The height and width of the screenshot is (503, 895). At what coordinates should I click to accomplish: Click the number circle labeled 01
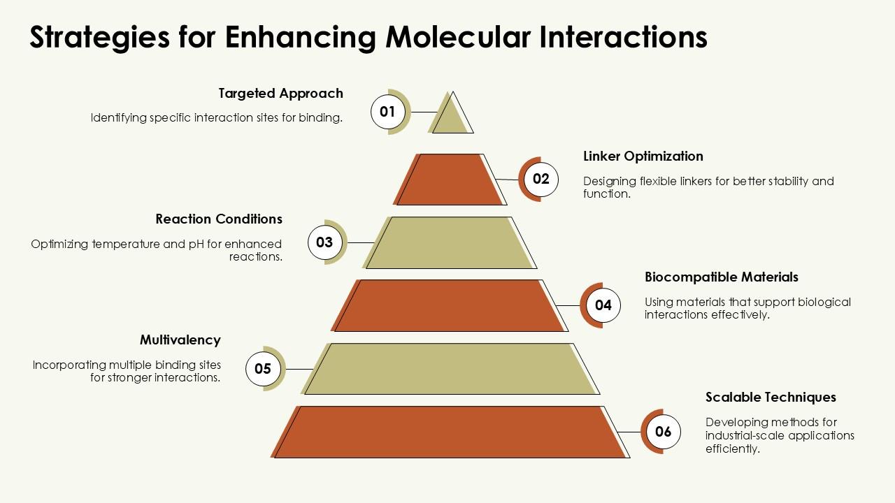coord(387,112)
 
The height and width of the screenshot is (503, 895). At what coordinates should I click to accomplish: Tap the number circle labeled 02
coord(541,179)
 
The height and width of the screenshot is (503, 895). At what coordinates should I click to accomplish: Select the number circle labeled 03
coord(324,242)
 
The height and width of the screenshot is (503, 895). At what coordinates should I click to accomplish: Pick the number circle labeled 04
coord(603,305)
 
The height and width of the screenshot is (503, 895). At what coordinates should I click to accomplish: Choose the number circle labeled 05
coord(263,369)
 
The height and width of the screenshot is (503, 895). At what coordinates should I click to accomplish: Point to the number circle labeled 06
coord(663,432)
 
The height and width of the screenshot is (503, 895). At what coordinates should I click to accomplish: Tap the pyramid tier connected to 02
coord(450,180)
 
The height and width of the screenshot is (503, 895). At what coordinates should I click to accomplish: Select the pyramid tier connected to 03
coord(450,242)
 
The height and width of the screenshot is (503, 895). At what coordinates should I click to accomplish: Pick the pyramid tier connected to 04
coord(450,305)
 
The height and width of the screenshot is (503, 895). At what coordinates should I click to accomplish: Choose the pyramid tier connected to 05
coord(450,369)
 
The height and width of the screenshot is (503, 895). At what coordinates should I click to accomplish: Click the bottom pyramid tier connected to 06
coord(450,432)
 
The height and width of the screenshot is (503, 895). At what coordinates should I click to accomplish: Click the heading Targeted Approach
coord(280,94)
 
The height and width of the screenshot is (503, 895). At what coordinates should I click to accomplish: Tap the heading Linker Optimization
coord(643,156)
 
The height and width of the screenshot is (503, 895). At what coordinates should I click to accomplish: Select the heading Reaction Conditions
coord(219,219)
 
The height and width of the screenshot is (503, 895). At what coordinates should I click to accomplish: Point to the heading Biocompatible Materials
coord(721,277)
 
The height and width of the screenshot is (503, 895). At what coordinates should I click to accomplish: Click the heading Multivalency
coord(180,340)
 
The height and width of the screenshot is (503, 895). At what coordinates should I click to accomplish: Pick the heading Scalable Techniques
coord(771,397)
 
